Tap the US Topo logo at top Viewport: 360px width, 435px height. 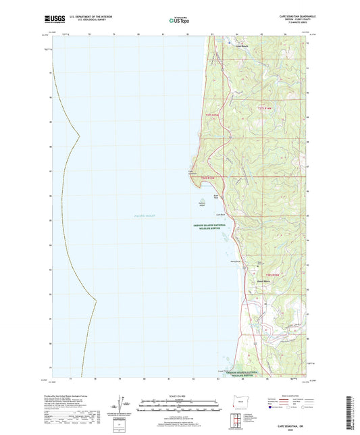click(180, 21)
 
